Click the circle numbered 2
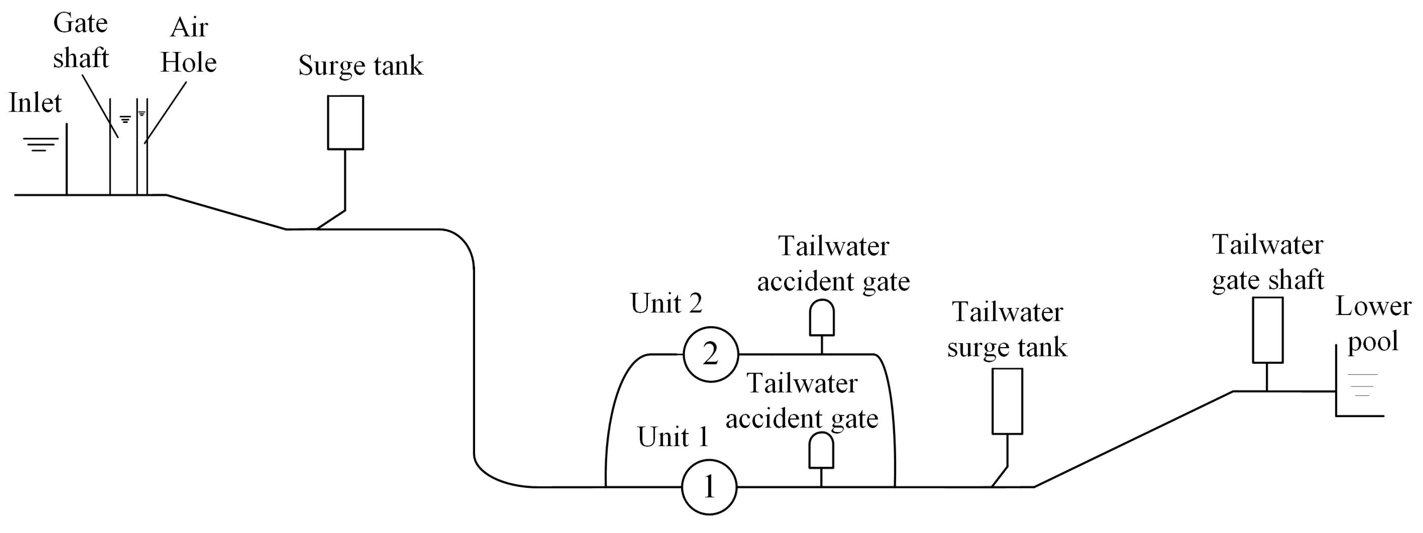coord(711,354)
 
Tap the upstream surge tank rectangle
coord(345,122)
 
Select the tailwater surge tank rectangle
coord(1007,401)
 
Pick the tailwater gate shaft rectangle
coord(1267,330)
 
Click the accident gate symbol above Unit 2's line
coord(822,318)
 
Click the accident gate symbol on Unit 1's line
coord(821,450)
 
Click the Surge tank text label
coord(360,65)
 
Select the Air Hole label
coord(189,45)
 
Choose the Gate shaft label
coord(81,40)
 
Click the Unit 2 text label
coord(666,303)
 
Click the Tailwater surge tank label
coord(1007,330)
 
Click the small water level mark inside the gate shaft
coord(125,119)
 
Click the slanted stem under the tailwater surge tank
coord(1000,477)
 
